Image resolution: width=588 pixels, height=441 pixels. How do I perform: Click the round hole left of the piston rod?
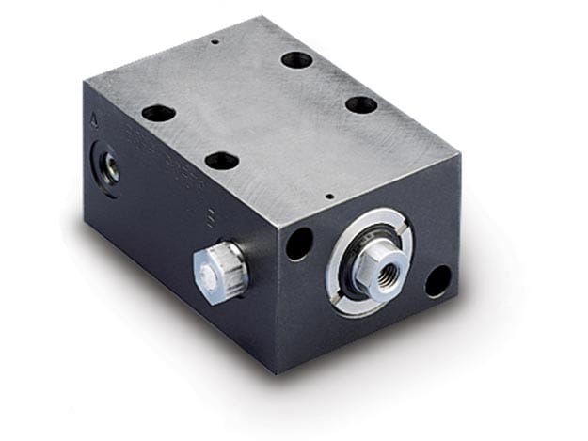(x=299, y=244)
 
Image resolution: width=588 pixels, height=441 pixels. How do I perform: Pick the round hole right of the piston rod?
(x=437, y=280)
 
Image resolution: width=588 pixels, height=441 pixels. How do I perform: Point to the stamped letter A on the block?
(x=92, y=121)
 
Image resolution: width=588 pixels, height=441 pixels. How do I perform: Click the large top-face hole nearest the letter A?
(x=158, y=113)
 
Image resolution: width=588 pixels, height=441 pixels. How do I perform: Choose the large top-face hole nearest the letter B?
(x=222, y=161)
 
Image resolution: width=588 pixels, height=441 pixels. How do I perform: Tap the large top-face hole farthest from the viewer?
(x=297, y=60)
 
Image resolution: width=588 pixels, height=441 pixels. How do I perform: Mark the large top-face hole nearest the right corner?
(x=361, y=104)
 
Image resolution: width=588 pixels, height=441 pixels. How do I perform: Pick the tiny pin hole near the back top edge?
(x=215, y=41)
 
